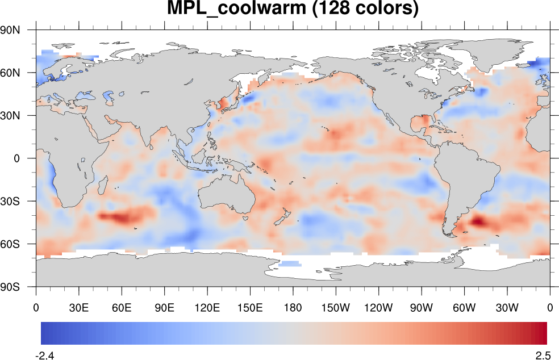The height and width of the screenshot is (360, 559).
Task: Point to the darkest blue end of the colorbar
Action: pos(44,333)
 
